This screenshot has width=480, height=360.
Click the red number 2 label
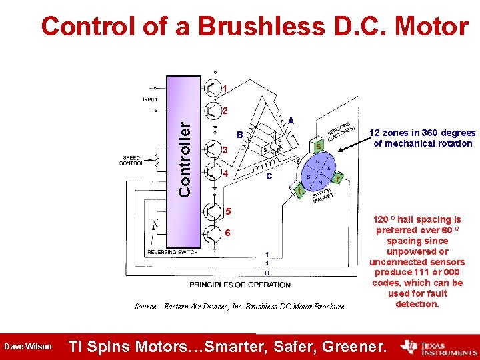click(x=225, y=111)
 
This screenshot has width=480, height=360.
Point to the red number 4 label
click(x=225, y=175)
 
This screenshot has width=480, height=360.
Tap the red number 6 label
click(x=227, y=233)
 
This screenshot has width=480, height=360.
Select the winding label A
click(x=292, y=121)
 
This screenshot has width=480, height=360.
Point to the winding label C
click(x=267, y=177)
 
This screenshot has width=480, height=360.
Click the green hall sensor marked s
click(x=319, y=145)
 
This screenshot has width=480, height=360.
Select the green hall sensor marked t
click(x=301, y=192)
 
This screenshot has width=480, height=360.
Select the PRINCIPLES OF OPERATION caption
click(x=240, y=285)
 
